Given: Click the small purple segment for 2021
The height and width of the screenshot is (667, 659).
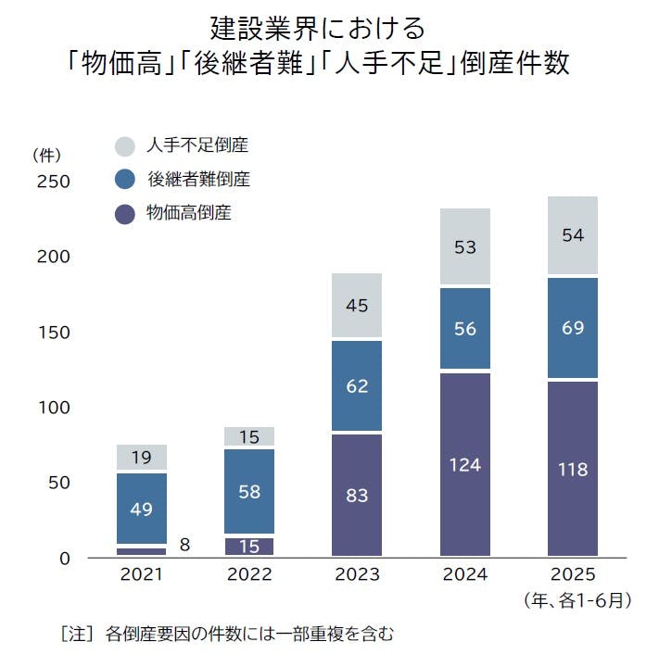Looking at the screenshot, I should (142, 551).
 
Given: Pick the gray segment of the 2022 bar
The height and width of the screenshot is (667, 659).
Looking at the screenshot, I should (249, 436).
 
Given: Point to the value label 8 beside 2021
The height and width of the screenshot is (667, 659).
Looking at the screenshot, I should (184, 546).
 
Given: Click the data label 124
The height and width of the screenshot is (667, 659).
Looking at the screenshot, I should (464, 465).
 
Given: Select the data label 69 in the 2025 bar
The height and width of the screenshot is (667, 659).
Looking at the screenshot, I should (573, 328).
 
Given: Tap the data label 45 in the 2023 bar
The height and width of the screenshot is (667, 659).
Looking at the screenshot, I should (357, 305).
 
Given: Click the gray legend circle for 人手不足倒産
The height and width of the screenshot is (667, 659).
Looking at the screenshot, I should (125, 146).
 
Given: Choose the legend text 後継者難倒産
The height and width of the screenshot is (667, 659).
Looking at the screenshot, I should (198, 180).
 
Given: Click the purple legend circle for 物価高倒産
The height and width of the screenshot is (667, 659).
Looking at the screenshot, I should (125, 214).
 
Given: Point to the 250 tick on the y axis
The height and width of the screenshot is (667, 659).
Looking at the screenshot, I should (52, 182).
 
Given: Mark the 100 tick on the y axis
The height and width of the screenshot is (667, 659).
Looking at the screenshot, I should (52, 408).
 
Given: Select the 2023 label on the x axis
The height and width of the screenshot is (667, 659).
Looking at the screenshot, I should (357, 574).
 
